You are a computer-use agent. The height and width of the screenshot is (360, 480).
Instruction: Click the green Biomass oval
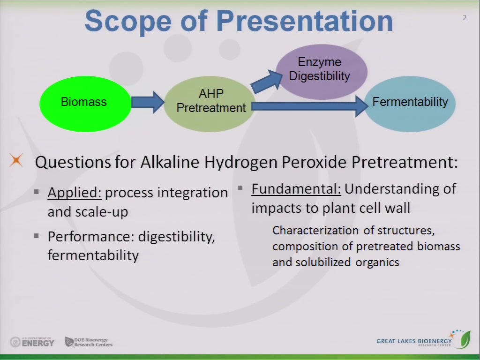pyautogui.click(x=85, y=104)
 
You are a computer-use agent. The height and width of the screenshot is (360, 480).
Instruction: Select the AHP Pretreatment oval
pyautogui.click(x=210, y=104)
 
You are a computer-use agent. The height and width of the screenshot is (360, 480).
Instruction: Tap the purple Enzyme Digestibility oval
pyautogui.click(x=322, y=72)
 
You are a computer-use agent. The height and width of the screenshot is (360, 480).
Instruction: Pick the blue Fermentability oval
pyautogui.click(x=410, y=104)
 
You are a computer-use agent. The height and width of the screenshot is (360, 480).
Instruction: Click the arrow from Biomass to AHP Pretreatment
pyautogui.click(x=148, y=102)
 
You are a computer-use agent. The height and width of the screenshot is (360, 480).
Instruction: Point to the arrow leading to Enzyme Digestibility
pyautogui.click(x=267, y=82)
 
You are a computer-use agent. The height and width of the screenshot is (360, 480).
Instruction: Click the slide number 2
pyautogui.click(x=465, y=18)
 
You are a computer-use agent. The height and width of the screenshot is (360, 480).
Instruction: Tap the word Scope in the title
pyautogui.click(x=127, y=21)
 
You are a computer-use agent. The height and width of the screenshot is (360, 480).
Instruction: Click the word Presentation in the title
pyautogui.click(x=305, y=21)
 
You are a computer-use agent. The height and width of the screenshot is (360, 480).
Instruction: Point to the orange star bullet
pyautogui.click(x=16, y=160)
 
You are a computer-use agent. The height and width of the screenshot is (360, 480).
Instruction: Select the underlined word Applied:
pyautogui.click(x=75, y=193)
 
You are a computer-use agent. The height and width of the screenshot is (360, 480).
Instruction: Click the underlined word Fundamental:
pyautogui.click(x=296, y=189)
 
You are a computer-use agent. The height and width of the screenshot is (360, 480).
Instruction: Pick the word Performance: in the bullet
pyautogui.click(x=91, y=237)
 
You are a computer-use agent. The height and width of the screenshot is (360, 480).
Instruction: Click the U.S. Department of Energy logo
pyautogui.click(x=32, y=342)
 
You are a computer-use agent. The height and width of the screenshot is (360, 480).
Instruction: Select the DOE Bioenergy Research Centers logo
pyautogui.click(x=89, y=342)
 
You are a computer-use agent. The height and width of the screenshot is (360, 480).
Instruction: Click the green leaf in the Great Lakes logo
pyautogui.click(x=465, y=339)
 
